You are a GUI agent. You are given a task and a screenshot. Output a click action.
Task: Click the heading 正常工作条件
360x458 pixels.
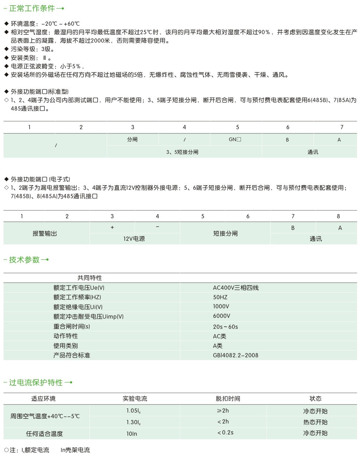point(32,8)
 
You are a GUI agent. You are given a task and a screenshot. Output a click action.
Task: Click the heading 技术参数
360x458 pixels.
point(24,260)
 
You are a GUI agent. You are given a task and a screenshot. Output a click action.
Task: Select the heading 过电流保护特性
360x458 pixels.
point(36,383)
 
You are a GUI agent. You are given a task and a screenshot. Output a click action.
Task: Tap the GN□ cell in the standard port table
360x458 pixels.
point(235,139)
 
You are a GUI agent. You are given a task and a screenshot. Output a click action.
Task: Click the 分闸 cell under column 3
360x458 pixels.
point(132,139)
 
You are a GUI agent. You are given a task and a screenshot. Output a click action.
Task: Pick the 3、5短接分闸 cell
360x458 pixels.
point(182,152)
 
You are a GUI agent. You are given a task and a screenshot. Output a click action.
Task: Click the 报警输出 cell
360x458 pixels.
point(45,233)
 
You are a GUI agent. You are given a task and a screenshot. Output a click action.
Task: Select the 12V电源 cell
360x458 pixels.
point(134,239)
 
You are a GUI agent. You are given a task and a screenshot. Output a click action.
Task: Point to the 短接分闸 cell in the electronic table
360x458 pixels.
point(225,233)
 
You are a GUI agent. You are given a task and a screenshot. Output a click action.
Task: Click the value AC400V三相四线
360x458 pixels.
point(236,288)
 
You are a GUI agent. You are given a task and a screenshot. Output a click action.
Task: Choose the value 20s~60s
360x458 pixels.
point(225,327)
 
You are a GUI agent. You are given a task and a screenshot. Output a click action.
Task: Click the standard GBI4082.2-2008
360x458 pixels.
point(236,355)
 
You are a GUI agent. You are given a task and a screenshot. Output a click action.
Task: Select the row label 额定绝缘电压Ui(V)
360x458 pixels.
point(78,307)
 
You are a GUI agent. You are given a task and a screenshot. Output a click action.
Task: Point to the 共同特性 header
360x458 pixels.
point(90,278)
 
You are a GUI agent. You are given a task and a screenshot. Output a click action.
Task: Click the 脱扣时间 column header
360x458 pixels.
point(228,399)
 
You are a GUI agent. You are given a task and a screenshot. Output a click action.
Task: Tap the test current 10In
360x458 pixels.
point(132,434)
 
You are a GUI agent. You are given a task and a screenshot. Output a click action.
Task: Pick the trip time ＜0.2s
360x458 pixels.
point(225,433)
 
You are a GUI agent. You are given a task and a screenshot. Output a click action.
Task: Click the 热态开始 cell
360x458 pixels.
point(315,422)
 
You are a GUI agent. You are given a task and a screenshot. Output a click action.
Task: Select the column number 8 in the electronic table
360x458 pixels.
point(339,216)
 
